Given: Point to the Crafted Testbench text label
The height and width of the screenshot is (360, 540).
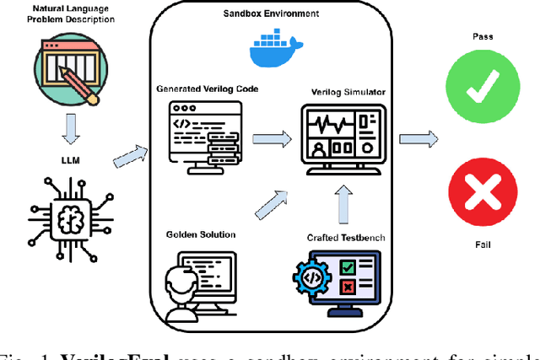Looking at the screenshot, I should coord(347,237).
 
